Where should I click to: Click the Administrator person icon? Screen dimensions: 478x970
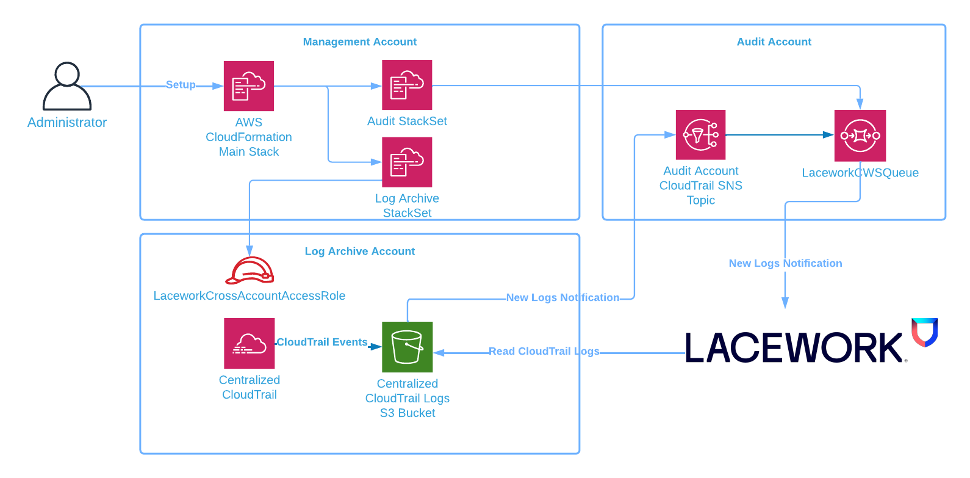(66, 86)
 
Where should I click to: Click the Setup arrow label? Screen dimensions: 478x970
(181, 85)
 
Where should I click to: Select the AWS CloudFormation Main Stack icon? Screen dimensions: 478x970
(248, 86)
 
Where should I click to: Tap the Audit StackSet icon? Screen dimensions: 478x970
(407, 85)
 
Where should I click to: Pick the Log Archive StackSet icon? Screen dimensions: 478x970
(407, 162)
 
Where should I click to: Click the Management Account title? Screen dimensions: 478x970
(359, 42)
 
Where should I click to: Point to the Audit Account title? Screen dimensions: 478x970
(774, 42)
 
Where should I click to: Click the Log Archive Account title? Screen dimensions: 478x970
(359, 252)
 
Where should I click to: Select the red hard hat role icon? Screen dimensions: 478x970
(250, 270)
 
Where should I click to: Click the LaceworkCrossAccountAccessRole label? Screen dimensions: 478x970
(249, 296)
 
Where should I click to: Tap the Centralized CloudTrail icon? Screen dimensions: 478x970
(249, 343)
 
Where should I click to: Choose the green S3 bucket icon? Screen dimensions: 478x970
(407, 347)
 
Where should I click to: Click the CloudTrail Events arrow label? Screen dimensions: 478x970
(322, 342)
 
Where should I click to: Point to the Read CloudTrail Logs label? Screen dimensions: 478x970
(544, 352)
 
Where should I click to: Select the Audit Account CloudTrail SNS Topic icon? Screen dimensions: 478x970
(700, 135)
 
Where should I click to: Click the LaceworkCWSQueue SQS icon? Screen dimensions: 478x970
(860, 136)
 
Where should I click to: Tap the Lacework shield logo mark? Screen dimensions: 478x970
(924, 332)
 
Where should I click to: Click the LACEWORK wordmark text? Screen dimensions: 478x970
(793, 349)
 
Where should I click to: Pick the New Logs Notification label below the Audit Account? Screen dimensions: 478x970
(785, 264)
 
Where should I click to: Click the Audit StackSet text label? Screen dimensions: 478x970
(407, 121)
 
